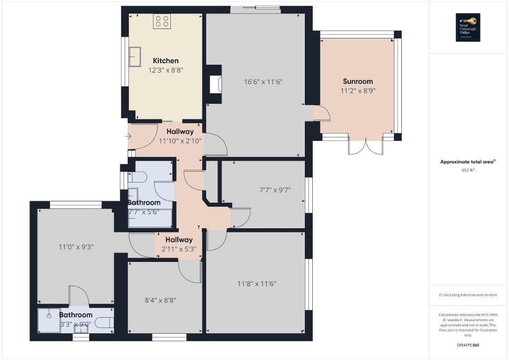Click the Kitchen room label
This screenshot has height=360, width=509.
pos(166,61)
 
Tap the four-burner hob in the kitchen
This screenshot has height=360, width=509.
pos(162,21)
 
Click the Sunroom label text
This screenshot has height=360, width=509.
pos(358,81)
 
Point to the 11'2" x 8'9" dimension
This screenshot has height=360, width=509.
pos(358,91)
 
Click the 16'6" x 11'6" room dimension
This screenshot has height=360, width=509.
pos(263,82)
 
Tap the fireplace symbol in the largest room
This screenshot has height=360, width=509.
pos(215,84)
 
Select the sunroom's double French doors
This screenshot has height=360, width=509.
pos(366,147)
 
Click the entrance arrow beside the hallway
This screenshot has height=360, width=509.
pos(129,137)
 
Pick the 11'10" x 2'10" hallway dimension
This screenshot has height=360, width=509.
pos(180,141)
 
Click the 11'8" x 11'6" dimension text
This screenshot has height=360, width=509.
pos(256,284)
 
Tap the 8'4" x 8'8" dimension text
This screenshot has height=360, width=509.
pos(160,300)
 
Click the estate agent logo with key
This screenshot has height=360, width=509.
pos(468,27)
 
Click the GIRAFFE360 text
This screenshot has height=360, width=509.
pos(468,345)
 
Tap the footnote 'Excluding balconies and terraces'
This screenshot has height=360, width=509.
pos(468,295)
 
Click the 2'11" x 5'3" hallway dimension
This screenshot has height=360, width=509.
pos(178,249)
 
